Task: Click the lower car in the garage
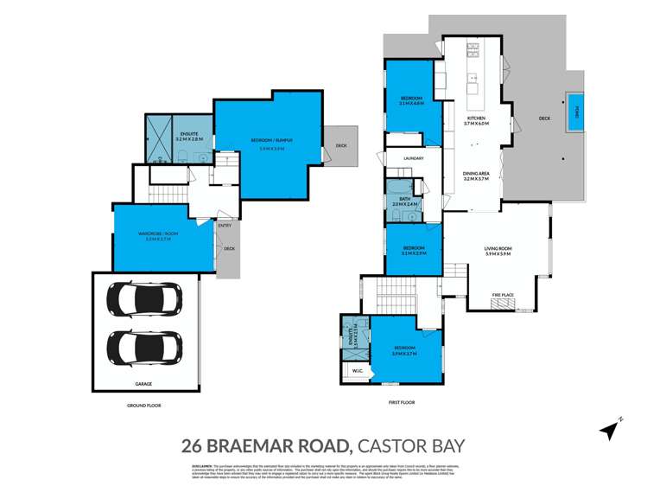point(143,348)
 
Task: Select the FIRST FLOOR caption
point(402,402)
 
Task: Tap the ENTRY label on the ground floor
point(225,226)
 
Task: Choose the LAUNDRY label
point(413,158)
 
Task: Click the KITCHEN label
point(477,118)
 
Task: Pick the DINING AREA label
point(476,174)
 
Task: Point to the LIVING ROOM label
point(498,248)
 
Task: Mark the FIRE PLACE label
point(503,295)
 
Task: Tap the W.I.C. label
point(356,373)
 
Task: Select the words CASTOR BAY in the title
point(411,446)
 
